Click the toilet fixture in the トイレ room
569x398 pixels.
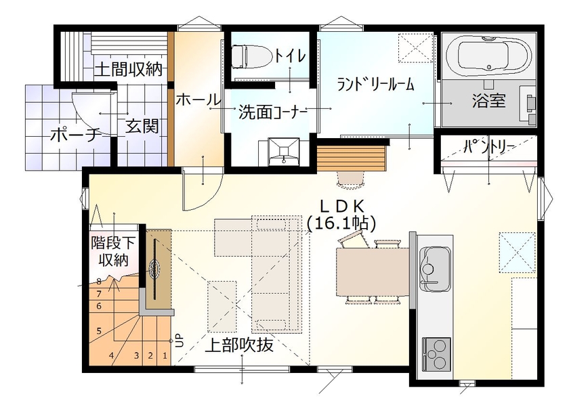pos(242,56)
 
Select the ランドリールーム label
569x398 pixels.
pos(376,85)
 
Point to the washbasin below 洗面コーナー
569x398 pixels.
pos(282,150)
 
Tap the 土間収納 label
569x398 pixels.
pos(127,69)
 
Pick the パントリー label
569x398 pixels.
pos(490,146)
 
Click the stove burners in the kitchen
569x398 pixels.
pos(435,350)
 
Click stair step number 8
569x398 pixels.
pos(99,282)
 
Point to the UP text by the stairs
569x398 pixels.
pos(178,340)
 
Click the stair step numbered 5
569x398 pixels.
pos(99,331)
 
